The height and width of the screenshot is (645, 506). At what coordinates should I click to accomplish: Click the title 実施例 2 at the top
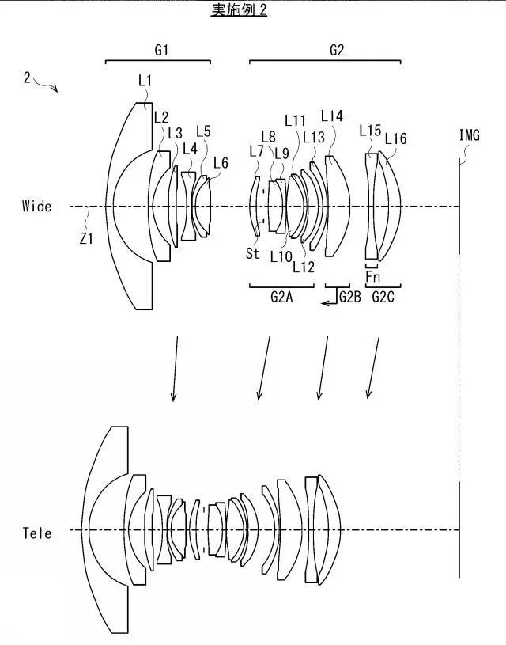[239, 9]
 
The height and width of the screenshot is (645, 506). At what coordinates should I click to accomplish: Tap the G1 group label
[161, 50]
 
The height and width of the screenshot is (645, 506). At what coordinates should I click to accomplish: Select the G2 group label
[337, 50]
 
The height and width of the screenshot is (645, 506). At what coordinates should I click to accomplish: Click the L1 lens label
[145, 81]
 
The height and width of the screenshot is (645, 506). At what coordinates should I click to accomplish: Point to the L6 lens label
[221, 163]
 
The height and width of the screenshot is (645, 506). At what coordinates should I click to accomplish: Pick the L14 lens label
[332, 116]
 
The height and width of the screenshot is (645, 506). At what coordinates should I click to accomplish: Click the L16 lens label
[395, 138]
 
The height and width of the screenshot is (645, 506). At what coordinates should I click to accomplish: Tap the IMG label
[469, 135]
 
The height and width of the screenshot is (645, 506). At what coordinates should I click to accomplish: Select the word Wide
[37, 206]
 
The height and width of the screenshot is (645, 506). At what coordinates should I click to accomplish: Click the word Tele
[37, 533]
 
